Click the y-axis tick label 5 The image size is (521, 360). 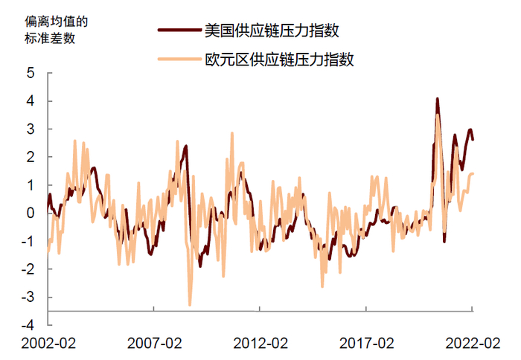point(31,73)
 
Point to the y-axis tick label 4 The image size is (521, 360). point(31,101)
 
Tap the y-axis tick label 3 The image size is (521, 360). point(31,129)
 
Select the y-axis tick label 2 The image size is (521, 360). point(31,157)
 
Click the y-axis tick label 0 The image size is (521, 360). point(31,213)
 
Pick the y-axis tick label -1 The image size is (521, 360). point(28,241)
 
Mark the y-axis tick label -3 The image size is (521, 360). point(28,297)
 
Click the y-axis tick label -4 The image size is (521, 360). point(28,325)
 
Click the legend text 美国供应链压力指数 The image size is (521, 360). point(272,30)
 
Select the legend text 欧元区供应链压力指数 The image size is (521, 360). point(280,59)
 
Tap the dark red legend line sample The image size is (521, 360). point(179,30)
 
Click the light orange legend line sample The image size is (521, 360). point(179,59)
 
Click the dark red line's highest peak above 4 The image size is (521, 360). point(437,99)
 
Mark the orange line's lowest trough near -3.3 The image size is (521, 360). point(190,304)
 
